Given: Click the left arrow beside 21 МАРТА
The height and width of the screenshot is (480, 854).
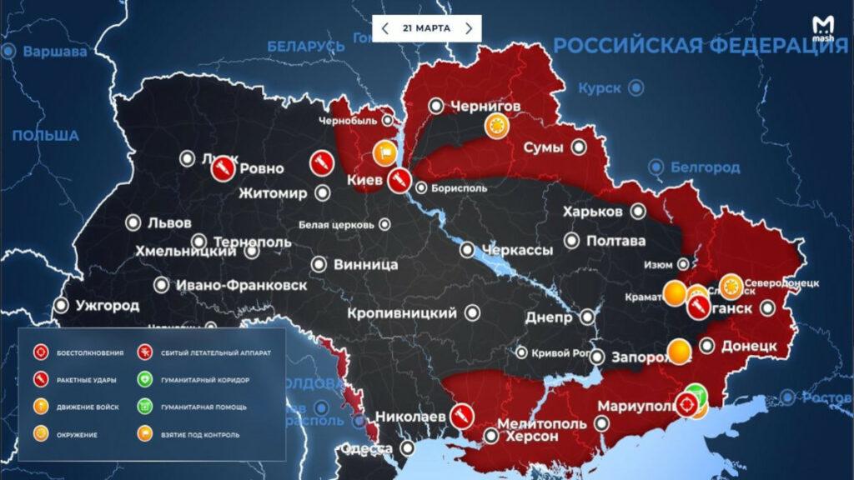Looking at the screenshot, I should coord(384,28).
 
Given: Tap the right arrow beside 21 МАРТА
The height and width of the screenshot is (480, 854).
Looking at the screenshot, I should coord(469,28).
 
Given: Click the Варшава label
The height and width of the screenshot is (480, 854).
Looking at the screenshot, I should coord(54,52).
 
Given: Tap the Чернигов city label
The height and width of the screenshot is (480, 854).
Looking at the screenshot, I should coord(485,106).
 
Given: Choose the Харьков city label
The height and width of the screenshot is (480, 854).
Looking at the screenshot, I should coord(592,212).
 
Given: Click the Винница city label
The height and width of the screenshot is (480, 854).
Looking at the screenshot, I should coord(365,265).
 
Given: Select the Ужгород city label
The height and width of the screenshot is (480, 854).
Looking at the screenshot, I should coord(107,306).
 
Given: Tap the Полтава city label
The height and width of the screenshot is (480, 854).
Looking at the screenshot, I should coord(615,241).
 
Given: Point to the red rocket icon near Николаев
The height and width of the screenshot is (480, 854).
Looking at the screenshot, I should coord(460,415).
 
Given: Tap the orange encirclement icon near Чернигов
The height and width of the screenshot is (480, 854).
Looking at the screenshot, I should coord(498,127).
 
